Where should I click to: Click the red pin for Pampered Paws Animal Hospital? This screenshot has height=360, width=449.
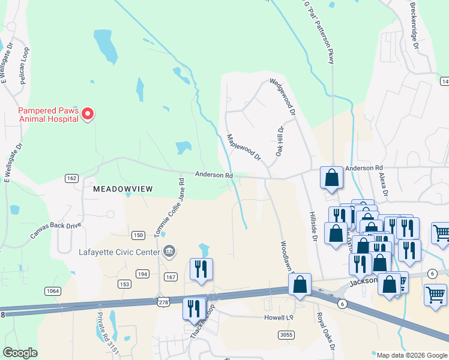[88, 113]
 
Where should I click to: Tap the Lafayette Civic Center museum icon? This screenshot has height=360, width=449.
[169, 251]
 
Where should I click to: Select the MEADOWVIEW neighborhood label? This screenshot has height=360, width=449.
[123, 188]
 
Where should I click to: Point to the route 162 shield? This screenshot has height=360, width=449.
[71, 178]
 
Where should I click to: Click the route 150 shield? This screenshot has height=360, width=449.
[138, 235]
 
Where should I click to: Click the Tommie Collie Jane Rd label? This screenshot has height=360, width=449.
[172, 205]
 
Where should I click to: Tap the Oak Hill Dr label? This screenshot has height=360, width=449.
[280, 142]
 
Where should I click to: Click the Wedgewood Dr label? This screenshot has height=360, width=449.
[282, 97]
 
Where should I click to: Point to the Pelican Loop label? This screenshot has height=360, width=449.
[25, 65]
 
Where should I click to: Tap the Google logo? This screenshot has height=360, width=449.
[20, 353]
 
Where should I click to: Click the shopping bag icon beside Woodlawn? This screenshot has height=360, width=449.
[300, 284]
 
